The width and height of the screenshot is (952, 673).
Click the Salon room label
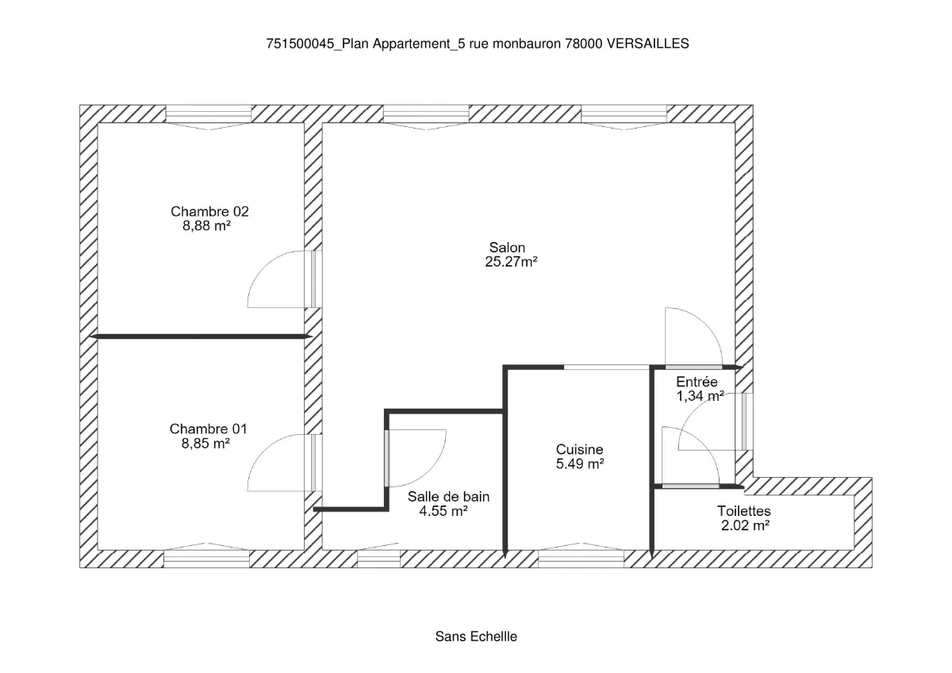(507, 248)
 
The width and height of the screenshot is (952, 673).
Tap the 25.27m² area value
(511, 262)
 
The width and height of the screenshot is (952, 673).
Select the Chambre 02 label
(209, 211)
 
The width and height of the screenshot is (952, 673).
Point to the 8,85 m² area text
(205, 444)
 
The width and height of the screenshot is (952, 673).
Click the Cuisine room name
(579, 449)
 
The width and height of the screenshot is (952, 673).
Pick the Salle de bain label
(448, 497)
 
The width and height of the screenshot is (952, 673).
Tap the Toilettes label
(743, 511)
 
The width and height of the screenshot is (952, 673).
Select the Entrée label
(697, 382)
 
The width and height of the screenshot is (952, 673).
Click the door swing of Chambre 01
(274, 463)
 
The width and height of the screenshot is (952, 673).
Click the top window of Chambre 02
(208, 116)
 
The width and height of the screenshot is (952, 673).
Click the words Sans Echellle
(476, 636)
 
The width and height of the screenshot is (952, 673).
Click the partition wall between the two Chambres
(200, 336)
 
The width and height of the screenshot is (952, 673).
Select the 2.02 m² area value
(743, 525)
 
